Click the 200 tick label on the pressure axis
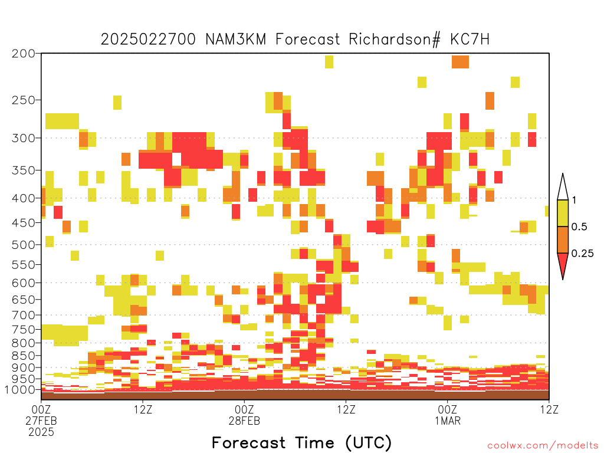coord(23,53)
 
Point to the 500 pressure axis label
coord(23,245)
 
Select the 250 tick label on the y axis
coord(23,100)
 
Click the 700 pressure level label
coord(23,315)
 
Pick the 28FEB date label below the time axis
coord(244,421)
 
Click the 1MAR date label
coord(448,421)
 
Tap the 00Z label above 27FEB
coord(41,409)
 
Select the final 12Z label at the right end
coord(549,409)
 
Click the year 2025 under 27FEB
coord(41,432)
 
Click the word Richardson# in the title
coord(395,40)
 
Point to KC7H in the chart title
coord(470,40)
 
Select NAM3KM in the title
coord(236,40)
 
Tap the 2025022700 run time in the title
coord(148,40)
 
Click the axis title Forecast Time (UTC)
coord(301,442)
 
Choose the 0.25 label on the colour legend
coord(582,254)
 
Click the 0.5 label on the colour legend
coord(579,226)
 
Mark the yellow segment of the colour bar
coord(563,213)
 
